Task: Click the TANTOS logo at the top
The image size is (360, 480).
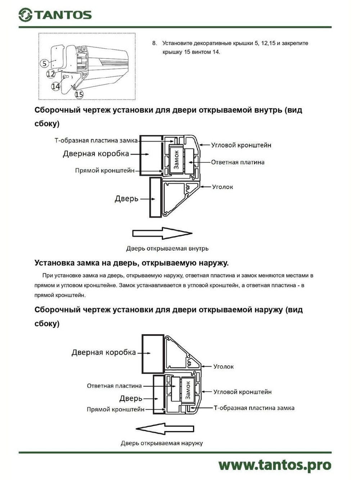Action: tap(55, 15)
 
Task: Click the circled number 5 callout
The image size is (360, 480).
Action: tap(44, 63)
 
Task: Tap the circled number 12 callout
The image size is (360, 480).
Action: tap(51, 74)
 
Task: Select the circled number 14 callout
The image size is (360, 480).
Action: tap(55, 86)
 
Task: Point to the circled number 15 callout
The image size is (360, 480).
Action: tap(79, 94)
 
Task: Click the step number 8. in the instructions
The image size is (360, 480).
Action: tap(154, 43)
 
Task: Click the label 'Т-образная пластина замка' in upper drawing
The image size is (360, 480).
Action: tap(96, 140)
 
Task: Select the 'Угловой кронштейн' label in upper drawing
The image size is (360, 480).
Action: tap(241, 145)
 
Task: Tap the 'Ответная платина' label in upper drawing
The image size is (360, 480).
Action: tap(238, 162)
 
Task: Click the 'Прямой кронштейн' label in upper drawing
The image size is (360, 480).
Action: tap(104, 170)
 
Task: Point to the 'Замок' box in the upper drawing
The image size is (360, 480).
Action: tap(176, 160)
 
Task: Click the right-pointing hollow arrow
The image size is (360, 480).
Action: tap(162, 233)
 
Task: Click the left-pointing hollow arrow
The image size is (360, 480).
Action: tap(165, 429)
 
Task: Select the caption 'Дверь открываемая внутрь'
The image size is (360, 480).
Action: tap(167, 248)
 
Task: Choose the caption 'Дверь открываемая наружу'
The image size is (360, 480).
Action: tap(162, 443)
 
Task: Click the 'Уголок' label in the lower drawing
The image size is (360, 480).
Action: tap(223, 367)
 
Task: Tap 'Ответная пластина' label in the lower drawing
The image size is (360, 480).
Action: tap(114, 386)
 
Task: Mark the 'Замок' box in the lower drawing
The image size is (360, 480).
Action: tap(188, 390)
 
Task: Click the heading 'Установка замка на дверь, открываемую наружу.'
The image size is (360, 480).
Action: tap(131, 263)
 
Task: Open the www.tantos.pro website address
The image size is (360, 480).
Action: tap(275, 465)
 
